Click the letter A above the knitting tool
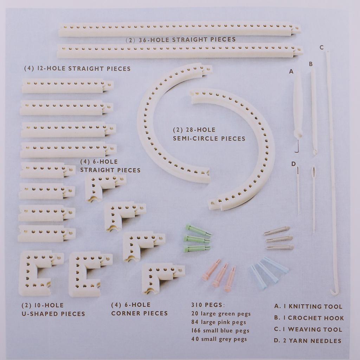point(291,72)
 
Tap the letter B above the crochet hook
point(311,64)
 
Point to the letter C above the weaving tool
point(321,47)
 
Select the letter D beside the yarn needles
point(294,164)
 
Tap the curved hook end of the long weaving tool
point(334,291)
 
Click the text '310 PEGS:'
point(208,305)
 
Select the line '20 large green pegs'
point(221,314)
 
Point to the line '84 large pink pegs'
point(219,322)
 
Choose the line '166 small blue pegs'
point(220,330)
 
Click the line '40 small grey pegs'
point(219,339)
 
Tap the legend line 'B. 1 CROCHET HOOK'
point(309,318)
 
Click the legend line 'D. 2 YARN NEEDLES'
point(307,341)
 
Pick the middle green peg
point(197,239)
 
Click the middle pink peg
point(220,275)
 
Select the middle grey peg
point(279,239)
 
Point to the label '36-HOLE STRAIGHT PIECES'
point(187,39)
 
